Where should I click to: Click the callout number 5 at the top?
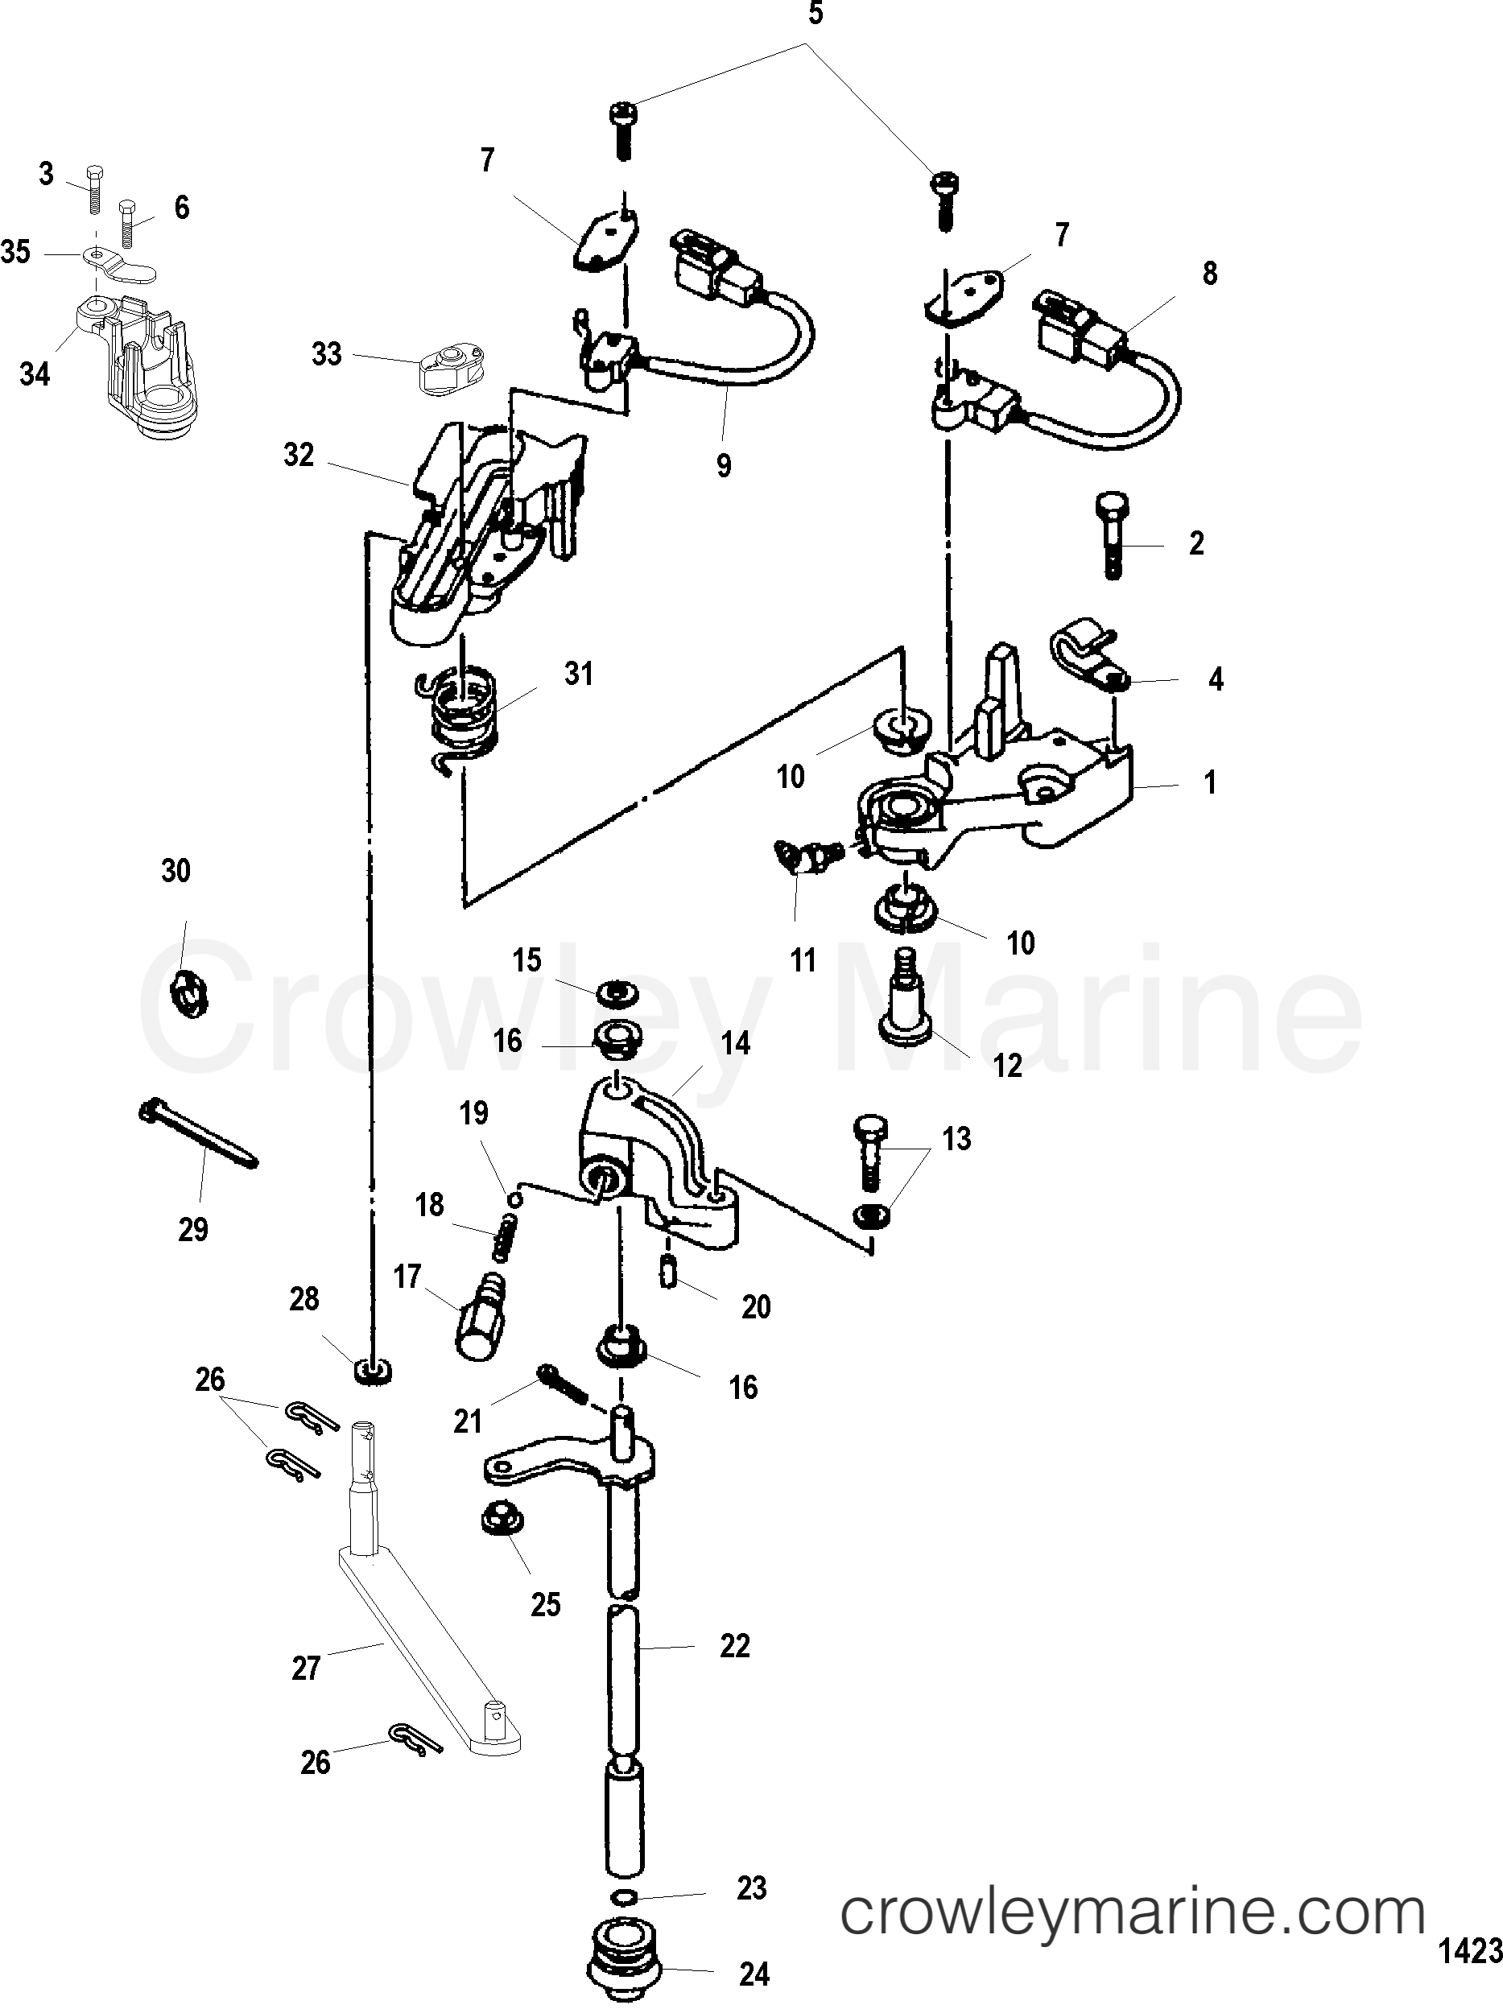815,15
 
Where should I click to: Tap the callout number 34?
35,373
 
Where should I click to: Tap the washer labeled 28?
371,1371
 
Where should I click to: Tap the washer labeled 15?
615,992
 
